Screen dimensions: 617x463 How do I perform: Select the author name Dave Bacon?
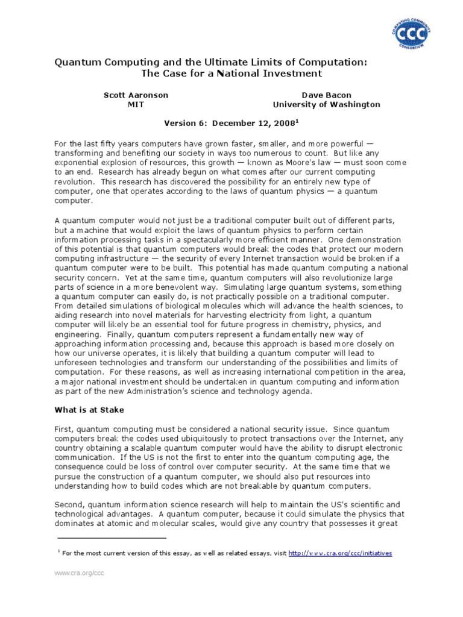click(x=326, y=95)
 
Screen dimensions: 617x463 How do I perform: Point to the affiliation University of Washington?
click(x=326, y=104)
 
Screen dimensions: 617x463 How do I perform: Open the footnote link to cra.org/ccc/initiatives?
click(x=341, y=553)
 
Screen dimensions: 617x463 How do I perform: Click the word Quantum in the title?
click(x=76, y=62)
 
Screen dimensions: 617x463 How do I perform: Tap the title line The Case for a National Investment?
click(x=231, y=74)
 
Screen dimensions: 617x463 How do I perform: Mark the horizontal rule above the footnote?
click(x=111, y=537)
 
